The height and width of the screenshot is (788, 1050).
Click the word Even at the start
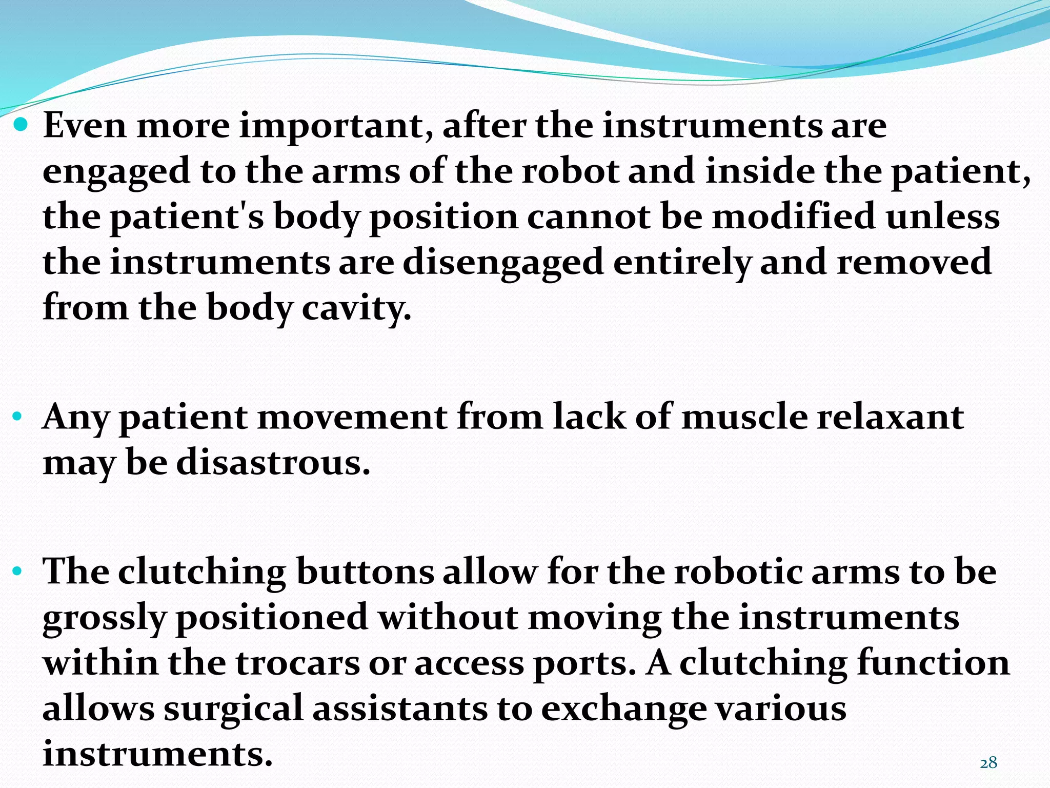[x=85, y=126]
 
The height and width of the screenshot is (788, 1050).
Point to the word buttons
[x=365, y=572]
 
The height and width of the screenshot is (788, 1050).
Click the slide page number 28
[x=988, y=763]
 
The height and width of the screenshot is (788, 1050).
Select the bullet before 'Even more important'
[x=22, y=124]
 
